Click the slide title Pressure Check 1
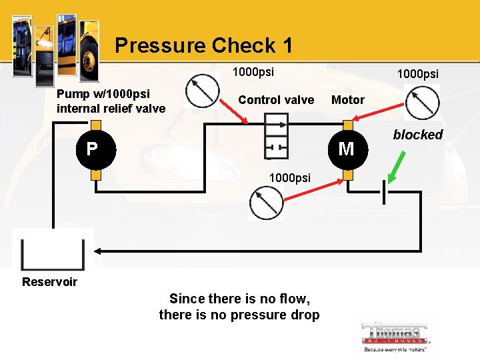pos(203,45)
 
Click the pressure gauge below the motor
pos(266,203)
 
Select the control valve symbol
pos(276,136)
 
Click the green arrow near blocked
pos(396,167)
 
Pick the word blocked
pos(417,135)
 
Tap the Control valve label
pos(276,100)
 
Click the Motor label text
pos(348,100)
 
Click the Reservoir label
pos(49,281)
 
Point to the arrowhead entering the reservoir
pos(97,251)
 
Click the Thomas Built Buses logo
pos(396,337)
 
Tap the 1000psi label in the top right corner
pos(418,73)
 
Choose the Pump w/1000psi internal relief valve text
pos(111,101)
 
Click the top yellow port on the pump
pos(96,125)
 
